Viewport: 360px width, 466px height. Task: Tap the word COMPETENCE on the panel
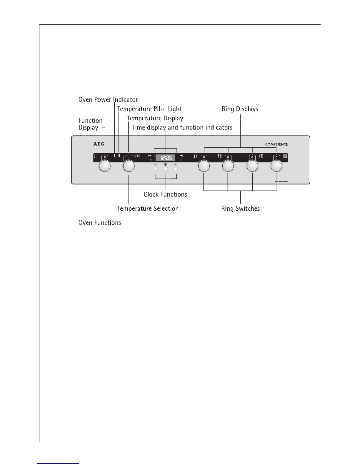(x=276, y=144)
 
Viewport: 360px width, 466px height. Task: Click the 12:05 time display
(x=165, y=158)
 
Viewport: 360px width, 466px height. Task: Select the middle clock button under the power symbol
(x=166, y=169)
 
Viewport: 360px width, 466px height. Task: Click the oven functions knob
(x=105, y=167)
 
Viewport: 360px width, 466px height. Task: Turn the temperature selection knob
(x=129, y=167)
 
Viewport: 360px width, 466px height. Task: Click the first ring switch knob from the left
(x=204, y=167)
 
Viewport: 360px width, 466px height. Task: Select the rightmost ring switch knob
(x=276, y=167)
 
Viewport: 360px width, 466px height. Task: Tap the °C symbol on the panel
(x=137, y=156)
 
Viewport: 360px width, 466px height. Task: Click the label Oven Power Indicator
(x=108, y=100)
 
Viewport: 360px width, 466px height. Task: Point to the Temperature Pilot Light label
(x=149, y=109)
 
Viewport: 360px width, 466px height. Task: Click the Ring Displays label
(x=240, y=109)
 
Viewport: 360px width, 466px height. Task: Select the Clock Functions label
(x=165, y=194)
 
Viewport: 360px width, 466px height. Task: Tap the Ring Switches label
(x=240, y=209)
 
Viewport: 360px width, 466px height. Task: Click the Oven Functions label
(x=100, y=223)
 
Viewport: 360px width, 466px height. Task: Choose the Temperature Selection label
(x=148, y=209)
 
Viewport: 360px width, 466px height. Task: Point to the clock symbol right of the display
(x=181, y=160)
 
